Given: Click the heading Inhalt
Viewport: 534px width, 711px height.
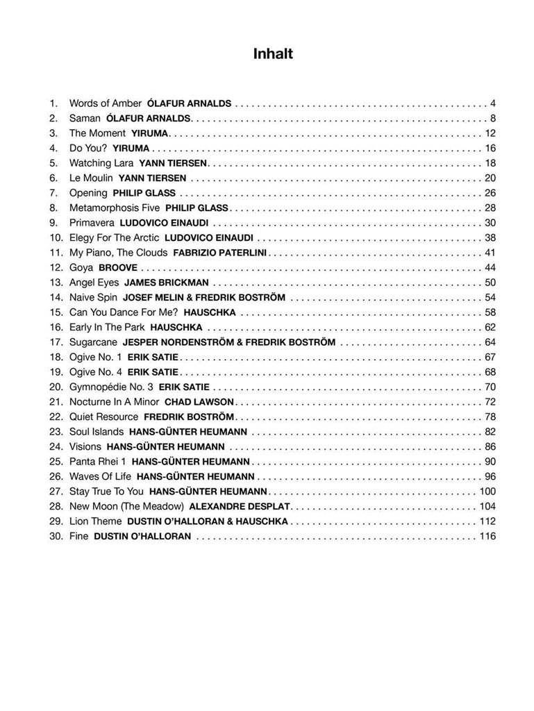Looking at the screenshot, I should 273,54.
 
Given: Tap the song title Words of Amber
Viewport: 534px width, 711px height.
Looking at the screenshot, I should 105,103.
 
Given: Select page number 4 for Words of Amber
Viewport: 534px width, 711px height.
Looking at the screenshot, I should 492,103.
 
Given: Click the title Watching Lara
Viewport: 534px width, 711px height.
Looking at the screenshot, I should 100,163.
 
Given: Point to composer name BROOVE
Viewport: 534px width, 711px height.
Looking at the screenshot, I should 118,267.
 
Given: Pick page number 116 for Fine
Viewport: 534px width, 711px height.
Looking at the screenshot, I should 487,536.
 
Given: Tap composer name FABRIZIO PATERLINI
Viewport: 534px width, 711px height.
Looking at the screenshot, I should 220,253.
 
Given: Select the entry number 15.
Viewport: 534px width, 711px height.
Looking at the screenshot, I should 56,312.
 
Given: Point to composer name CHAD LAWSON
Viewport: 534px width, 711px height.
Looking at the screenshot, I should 199,402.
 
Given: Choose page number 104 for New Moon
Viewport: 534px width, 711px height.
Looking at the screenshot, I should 487,506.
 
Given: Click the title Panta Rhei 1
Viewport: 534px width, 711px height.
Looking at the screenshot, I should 97,462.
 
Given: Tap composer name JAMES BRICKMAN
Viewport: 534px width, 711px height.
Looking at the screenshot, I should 167,283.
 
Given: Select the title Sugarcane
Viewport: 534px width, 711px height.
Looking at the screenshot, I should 93,342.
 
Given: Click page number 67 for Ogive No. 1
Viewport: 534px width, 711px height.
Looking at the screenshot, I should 490,357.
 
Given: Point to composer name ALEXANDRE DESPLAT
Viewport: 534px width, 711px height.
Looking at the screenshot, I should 240,506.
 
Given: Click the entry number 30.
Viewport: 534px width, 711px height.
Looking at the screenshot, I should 56,536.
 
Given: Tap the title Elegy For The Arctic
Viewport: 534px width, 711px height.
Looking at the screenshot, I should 114,237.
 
